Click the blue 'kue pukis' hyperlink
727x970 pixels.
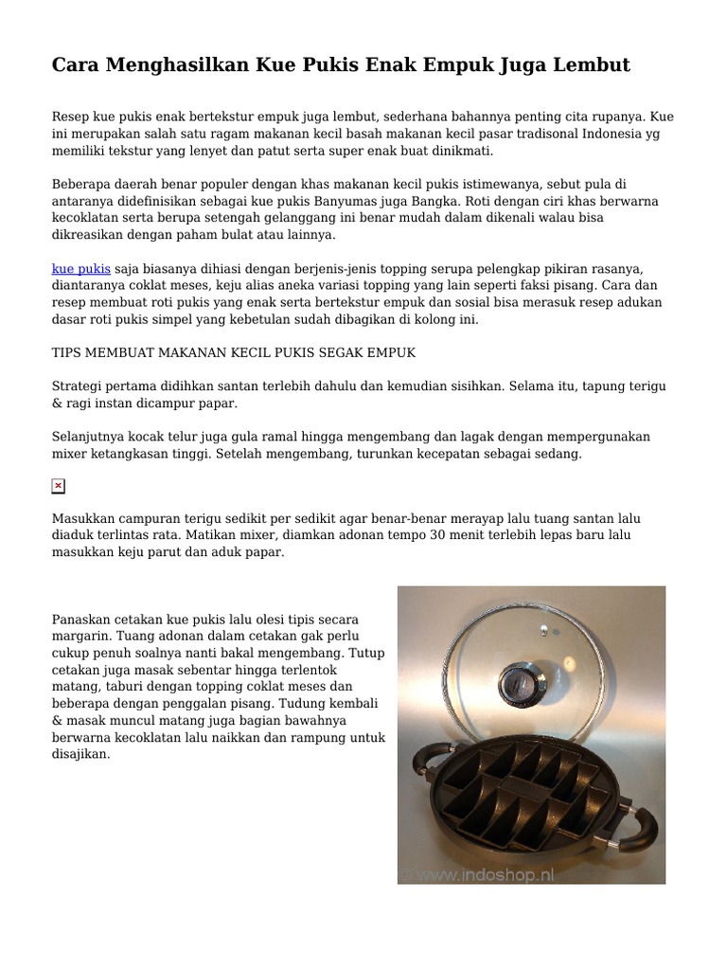[x=80, y=269]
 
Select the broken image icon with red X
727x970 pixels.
[x=58, y=486]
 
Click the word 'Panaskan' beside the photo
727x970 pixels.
[x=81, y=620]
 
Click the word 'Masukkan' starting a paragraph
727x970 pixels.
[x=81, y=518]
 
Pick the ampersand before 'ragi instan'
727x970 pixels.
[x=57, y=403]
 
